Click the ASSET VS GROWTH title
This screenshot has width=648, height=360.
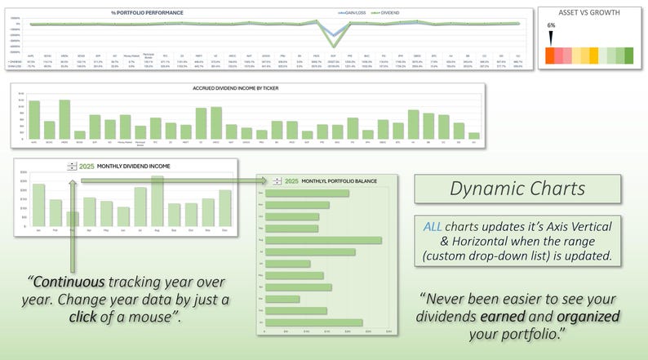588,12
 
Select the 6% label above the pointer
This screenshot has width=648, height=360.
551,25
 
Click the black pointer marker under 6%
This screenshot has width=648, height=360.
551,38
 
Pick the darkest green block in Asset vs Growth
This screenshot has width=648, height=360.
628,56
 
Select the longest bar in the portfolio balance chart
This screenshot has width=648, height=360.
324,240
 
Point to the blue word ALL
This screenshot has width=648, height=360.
434,224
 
